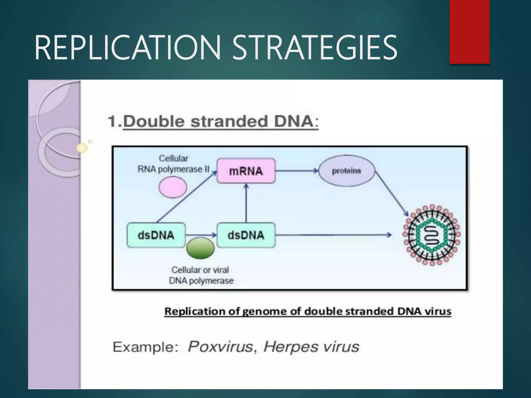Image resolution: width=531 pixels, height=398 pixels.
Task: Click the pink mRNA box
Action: (x=246, y=171)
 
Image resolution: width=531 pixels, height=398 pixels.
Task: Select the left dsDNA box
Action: (x=156, y=235)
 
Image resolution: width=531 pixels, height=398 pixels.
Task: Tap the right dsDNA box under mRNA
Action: (x=246, y=235)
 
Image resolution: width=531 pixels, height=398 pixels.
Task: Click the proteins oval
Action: (x=347, y=171)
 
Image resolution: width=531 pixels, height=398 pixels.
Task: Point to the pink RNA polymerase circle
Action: (x=173, y=187)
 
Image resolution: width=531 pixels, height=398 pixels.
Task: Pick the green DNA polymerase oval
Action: (x=200, y=248)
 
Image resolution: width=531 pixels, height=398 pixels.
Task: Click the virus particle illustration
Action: (x=431, y=235)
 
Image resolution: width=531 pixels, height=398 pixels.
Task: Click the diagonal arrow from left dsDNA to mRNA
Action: (x=187, y=197)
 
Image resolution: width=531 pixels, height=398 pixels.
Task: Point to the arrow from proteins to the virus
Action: (x=392, y=193)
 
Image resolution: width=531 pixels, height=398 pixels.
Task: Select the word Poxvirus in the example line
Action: (x=220, y=347)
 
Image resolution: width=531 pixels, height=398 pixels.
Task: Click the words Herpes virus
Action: (x=311, y=347)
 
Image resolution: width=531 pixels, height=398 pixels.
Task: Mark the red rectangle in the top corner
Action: (x=469, y=32)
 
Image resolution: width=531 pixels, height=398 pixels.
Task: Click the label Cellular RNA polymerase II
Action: (x=173, y=164)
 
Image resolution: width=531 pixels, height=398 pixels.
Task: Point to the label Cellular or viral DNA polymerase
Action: (x=201, y=275)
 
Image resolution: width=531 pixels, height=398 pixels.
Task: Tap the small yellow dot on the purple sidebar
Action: (x=82, y=148)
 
